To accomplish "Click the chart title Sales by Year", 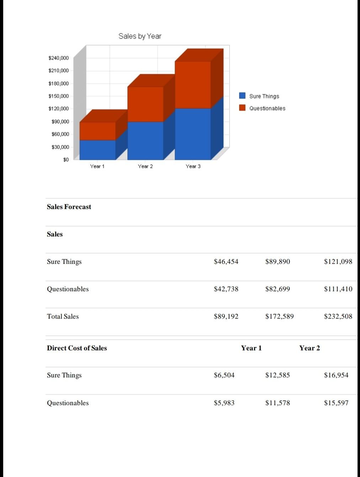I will pyautogui.click(x=140, y=36).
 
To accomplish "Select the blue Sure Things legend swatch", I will pyautogui.click(x=242, y=96).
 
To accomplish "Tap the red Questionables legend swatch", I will pyautogui.click(x=242, y=108).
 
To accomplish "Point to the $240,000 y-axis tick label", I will pyautogui.click(x=58, y=58).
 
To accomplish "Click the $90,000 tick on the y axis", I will pyautogui.click(x=60, y=121).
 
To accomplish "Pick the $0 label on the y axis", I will pyautogui.click(x=66, y=159).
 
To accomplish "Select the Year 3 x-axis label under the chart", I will pyautogui.click(x=193, y=166).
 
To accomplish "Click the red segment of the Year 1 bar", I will pyautogui.click(x=97, y=131).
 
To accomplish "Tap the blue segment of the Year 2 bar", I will pyautogui.click(x=145, y=140).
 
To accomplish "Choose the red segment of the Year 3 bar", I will pyautogui.click(x=193, y=84).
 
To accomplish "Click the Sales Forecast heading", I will pyautogui.click(x=69, y=207).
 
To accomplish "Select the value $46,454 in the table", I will pyautogui.click(x=226, y=262).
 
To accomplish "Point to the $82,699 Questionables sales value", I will pyautogui.click(x=277, y=289).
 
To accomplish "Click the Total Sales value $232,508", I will pyautogui.click(x=338, y=316).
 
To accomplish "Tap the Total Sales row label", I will pyautogui.click(x=63, y=316).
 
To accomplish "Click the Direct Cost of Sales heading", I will pyautogui.click(x=77, y=348).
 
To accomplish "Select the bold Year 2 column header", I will pyautogui.click(x=309, y=348).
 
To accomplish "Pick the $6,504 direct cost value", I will pyautogui.click(x=224, y=375).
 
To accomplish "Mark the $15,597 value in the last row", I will pyautogui.click(x=336, y=403).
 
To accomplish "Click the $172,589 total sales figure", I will pyautogui.click(x=279, y=316).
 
